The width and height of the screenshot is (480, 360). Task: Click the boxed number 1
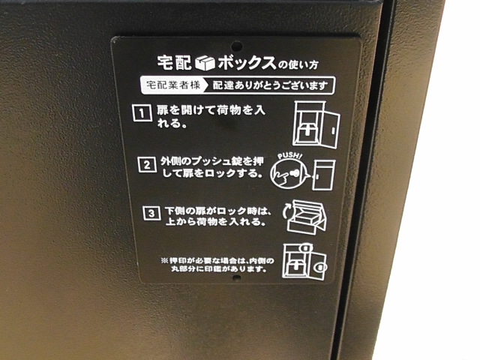pyautogui.click(x=139, y=114)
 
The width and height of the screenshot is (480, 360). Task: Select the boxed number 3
pyautogui.click(x=151, y=212)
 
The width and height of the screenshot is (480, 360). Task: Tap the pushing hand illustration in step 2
pyautogui.click(x=288, y=172)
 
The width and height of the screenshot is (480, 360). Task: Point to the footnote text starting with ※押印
pyautogui.click(x=217, y=264)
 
